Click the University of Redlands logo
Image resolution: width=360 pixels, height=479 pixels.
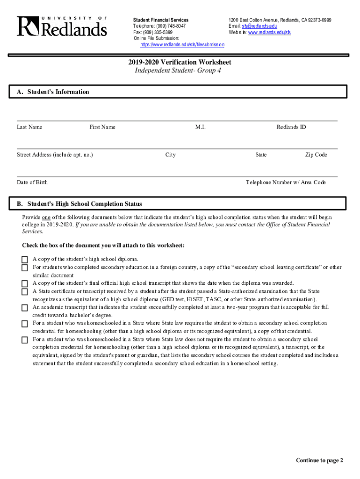[62, 26]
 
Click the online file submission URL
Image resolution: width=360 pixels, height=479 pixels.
[182, 44]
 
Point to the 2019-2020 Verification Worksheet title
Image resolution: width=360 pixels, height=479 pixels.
[180, 62]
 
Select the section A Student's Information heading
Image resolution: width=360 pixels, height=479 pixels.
[53, 92]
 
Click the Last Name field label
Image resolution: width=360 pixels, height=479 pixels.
[29, 127]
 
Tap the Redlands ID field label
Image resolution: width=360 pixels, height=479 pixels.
[291, 127]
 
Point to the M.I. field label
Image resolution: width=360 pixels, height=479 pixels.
[201, 127]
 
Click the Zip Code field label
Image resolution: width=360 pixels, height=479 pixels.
[316, 155]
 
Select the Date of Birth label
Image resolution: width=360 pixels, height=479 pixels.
[32, 182]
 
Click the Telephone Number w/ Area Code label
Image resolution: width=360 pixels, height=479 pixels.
[286, 182]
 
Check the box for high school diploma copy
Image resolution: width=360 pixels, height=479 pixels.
[25, 260]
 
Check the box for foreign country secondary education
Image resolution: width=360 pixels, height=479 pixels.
[25, 268]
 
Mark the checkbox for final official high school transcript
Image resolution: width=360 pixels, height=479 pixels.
[25, 283]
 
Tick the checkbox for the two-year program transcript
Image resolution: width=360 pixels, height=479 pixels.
[25, 308]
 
